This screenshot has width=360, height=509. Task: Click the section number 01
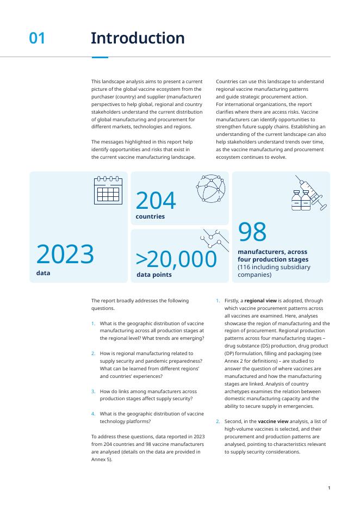[x=37, y=39]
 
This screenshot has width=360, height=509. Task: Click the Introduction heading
[x=138, y=39]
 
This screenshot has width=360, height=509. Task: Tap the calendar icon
[x=108, y=190]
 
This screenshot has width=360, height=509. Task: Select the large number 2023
[x=65, y=254]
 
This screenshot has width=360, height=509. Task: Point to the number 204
[x=156, y=201]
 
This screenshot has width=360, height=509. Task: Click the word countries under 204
[x=150, y=217]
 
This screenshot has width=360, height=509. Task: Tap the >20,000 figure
[x=176, y=260]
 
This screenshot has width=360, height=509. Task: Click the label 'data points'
[x=154, y=275]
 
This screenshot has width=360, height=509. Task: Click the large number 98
[x=252, y=232]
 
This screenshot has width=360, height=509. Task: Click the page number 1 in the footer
[x=329, y=488]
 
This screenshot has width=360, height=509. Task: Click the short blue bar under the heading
[x=100, y=57]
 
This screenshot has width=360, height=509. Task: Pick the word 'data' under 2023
[x=43, y=273]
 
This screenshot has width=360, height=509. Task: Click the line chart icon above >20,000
[x=214, y=239]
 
